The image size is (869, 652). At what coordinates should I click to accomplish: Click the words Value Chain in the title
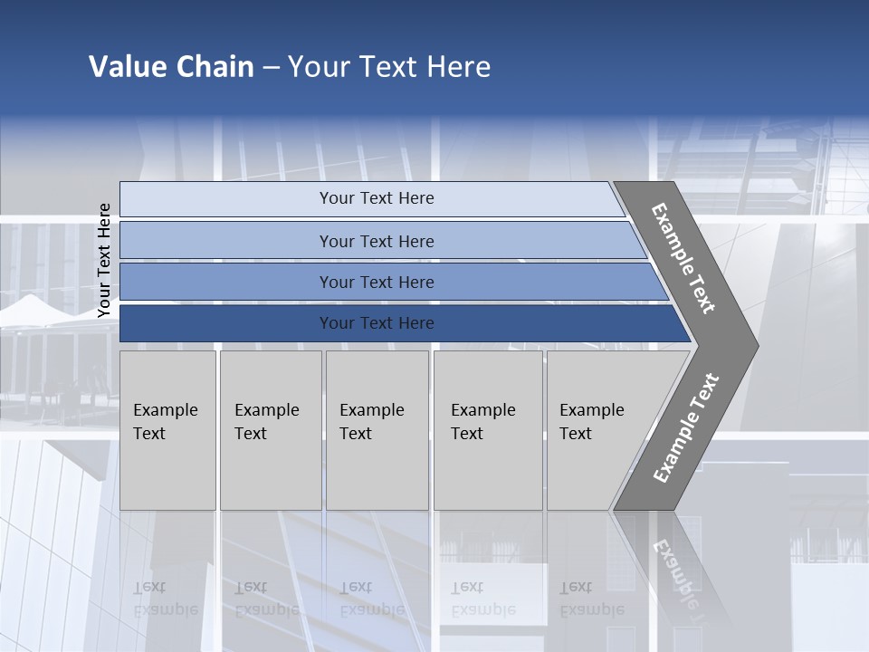pyautogui.click(x=171, y=67)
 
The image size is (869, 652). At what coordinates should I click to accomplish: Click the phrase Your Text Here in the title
pyautogui.click(x=389, y=67)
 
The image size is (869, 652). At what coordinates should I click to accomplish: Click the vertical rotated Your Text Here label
pyautogui.click(x=104, y=260)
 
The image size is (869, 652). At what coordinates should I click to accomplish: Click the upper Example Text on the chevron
pyautogui.click(x=683, y=258)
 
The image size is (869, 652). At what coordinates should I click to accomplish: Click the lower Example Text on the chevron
pyautogui.click(x=685, y=428)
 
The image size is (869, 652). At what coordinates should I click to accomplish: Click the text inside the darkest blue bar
pyautogui.click(x=377, y=323)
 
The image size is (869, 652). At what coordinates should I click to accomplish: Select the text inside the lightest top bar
pyautogui.click(x=377, y=198)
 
